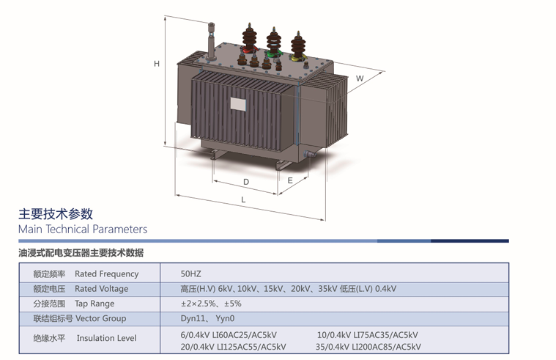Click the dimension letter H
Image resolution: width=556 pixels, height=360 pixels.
click(157, 65)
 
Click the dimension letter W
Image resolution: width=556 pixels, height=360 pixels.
click(360, 78)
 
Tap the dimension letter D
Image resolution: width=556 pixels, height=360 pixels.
click(246, 182)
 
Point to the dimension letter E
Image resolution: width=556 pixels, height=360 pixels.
click(291, 180)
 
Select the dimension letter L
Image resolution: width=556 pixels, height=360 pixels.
click(244, 200)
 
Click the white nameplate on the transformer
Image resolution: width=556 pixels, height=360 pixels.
click(239, 103)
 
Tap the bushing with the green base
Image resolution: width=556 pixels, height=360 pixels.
click(273, 44)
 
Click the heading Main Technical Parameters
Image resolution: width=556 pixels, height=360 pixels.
click(83, 229)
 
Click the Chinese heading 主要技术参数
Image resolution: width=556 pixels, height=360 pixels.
click(56, 214)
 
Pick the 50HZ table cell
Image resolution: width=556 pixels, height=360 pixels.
click(190, 274)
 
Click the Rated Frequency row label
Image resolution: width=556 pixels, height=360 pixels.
click(106, 274)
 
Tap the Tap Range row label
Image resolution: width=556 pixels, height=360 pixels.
click(94, 304)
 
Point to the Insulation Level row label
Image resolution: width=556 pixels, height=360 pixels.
click(106, 338)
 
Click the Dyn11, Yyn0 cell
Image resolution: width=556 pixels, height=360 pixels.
click(207, 318)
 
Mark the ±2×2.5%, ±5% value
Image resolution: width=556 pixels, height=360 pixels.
click(211, 304)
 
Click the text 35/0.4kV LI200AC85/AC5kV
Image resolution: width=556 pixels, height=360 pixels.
click(368, 347)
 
